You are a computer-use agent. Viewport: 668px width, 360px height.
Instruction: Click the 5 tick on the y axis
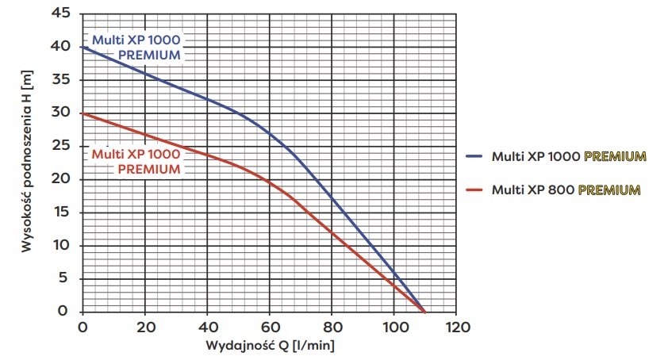pyautogui.click(x=66, y=278)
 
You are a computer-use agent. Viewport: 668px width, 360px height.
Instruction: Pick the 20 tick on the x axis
pyautogui.click(x=144, y=327)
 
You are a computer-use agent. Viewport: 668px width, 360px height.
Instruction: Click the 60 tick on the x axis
pyautogui.click(x=270, y=327)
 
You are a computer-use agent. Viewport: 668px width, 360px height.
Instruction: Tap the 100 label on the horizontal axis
pyautogui.click(x=394, y=327)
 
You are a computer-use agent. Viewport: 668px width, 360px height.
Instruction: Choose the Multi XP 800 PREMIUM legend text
pyautogui.click(x=566, y=190)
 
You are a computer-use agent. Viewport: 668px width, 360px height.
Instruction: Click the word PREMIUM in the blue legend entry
pyautogui.click(x=615, y=156)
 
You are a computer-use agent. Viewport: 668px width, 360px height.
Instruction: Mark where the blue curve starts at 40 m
pyautogui.click(x=83, y=47)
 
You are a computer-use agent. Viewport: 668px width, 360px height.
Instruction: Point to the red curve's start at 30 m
pyautogui.click(x=83, y=113)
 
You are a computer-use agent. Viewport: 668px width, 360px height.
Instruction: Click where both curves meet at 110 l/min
pyautogui.click(x=425, y=311)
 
